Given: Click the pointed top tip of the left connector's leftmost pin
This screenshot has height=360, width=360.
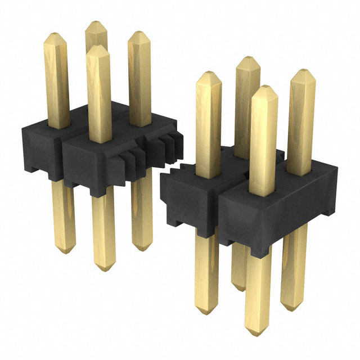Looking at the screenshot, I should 56,35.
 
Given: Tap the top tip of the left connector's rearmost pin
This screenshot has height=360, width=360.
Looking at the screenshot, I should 96,24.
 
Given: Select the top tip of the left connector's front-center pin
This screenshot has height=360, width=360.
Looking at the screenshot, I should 98,48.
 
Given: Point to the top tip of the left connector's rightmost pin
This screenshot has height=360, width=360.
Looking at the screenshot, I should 139,33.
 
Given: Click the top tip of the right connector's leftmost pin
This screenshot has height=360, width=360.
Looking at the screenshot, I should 209,74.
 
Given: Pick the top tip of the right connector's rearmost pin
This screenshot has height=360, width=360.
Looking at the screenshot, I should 247,59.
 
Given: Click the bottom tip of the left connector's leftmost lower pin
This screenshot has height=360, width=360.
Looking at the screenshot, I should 65,251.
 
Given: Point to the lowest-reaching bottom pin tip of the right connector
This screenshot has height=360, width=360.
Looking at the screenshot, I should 257,333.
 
